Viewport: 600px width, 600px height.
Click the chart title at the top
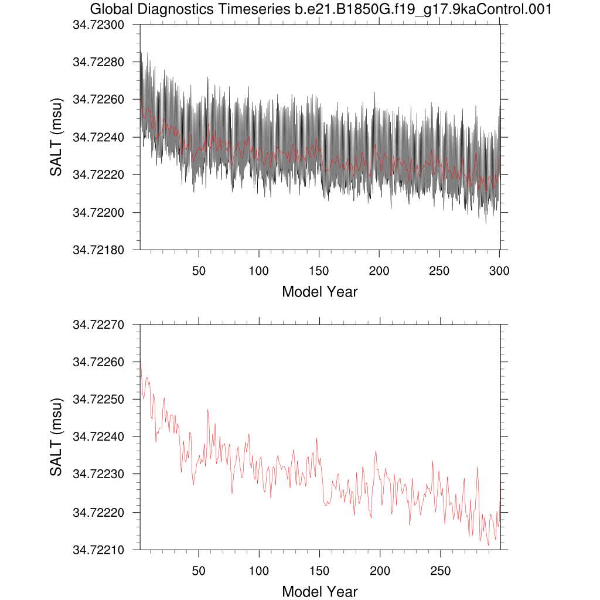321,9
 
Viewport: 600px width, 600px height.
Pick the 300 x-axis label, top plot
499,271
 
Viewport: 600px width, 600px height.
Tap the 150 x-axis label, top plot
319,271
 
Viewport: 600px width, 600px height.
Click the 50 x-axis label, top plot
199,271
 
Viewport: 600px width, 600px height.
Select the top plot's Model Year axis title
319,291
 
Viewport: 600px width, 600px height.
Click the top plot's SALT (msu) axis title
56,138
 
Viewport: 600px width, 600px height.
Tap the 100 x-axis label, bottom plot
259,571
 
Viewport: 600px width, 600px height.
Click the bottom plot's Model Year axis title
319,592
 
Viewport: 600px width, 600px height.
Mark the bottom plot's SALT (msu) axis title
56,437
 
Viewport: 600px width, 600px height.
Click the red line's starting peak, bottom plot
141,363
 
